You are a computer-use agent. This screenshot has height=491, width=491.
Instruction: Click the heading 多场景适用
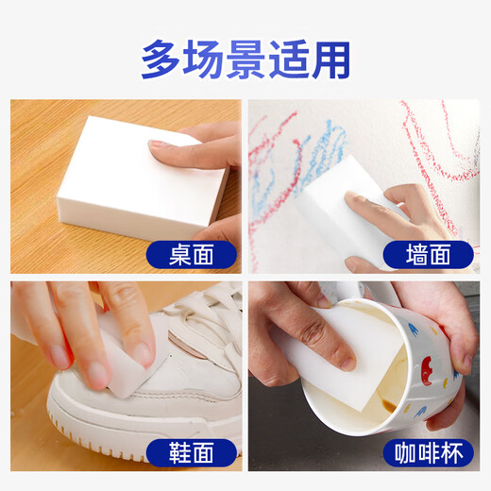pos(245,59)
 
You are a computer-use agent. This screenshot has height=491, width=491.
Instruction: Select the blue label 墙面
pos(415,253)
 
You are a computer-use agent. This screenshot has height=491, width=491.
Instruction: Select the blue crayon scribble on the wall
pos(326,151)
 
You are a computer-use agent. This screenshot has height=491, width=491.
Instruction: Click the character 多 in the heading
pos(162,59)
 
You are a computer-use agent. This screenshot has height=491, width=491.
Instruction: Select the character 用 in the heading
pos(330,59)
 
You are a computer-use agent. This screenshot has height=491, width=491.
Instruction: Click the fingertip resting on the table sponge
pos(159,146)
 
